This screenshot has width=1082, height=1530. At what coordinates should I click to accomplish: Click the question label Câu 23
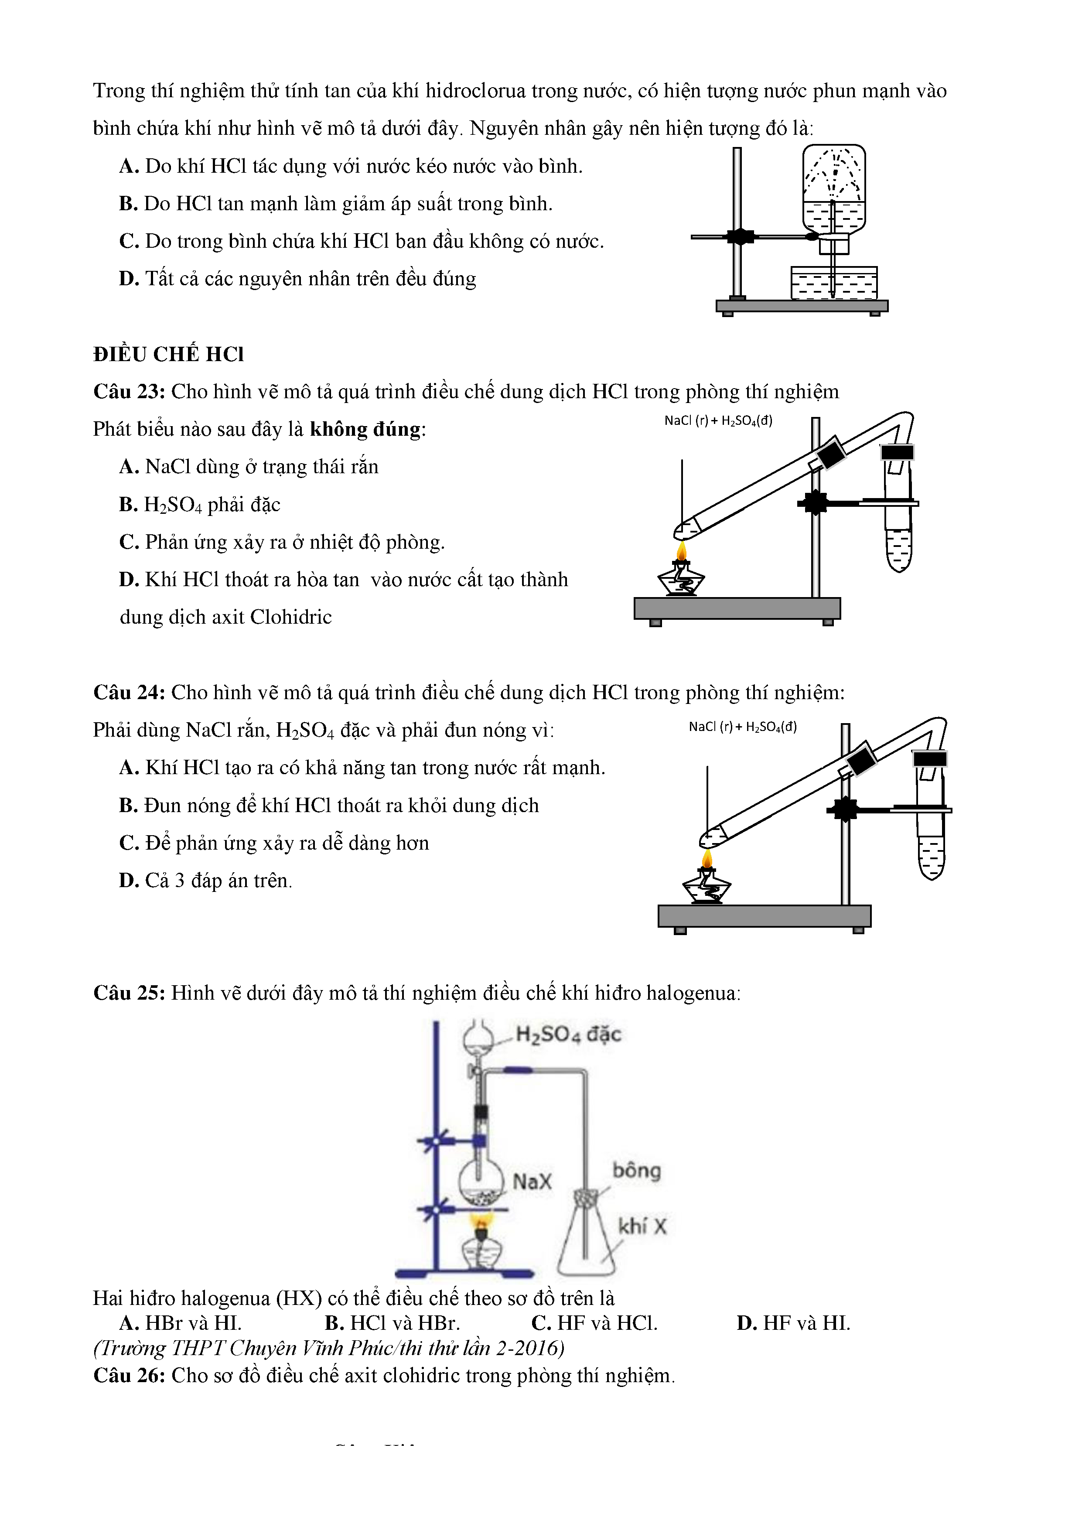[129, 391]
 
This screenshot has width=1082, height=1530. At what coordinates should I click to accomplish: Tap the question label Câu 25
[129, 993]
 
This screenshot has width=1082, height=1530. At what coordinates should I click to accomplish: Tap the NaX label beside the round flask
[532, 1182]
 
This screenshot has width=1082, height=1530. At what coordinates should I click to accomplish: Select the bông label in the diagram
[636, 1170]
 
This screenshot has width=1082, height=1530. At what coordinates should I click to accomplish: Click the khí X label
[642, 1226]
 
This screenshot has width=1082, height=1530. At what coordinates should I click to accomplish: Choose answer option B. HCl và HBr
[393, 1323]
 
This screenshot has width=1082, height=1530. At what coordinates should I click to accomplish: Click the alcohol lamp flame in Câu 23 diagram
[681, 552]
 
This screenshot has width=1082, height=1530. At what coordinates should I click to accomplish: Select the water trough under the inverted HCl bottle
[833, 283]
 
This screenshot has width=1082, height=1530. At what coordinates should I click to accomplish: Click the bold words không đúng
[366, 429]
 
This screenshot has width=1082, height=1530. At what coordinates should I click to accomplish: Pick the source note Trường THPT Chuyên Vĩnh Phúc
[328, 1348]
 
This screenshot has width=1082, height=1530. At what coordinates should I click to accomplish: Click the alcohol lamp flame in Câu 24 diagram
[707, 858]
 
